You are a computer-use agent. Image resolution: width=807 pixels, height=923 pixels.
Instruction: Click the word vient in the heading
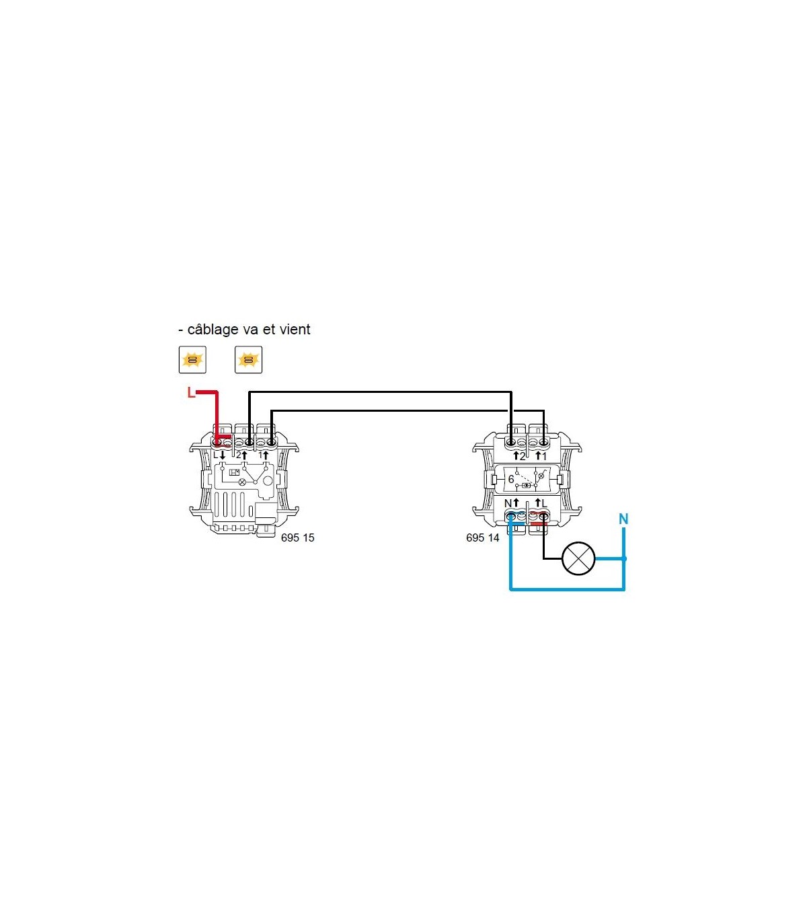[295, 330]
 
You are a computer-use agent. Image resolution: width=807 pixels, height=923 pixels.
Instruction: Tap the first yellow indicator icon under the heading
[192, 360]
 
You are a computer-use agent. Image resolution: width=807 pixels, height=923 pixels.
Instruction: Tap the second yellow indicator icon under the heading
[248, 360]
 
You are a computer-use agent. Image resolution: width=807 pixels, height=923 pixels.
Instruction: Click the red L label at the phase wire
[191, 393]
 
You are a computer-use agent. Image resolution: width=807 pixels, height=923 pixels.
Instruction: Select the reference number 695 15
[297, 538]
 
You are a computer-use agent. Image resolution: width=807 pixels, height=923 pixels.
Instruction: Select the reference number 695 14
[483, 538]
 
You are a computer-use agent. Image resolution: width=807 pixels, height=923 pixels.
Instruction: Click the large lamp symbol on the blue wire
[579, 558]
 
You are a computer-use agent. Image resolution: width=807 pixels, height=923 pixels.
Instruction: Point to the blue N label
[623, 519]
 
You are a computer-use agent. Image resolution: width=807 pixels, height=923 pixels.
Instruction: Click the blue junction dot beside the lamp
[624, 558]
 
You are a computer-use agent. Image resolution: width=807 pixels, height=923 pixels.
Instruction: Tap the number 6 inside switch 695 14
[511, 479]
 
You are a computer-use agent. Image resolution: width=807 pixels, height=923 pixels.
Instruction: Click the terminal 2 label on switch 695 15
[239, 455]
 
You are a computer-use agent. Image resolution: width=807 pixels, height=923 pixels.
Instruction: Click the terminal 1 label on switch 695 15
[260, 455]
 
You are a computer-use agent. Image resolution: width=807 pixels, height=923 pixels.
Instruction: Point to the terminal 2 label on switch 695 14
[523, 457]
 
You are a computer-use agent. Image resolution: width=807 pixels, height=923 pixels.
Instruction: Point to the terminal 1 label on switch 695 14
[544, 457]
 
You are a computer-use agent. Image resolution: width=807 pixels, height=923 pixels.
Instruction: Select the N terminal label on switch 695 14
[508, 503]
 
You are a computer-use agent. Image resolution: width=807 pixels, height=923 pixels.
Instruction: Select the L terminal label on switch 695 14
[544, 503]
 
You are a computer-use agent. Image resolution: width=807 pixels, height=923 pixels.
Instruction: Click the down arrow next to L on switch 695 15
[223, 455]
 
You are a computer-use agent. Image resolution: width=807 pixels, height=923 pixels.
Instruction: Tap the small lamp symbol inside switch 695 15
[243, 482]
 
